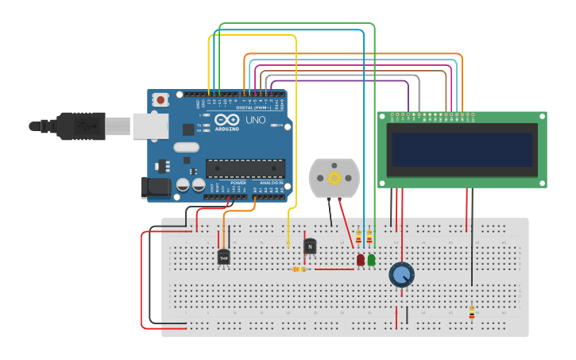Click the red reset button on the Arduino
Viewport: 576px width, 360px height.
pos(160,100)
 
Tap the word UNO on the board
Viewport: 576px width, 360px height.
pos(255,120)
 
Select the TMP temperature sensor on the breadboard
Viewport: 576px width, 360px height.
pos(223,257)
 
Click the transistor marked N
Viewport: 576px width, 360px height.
pos(310,246)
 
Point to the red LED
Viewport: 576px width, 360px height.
pos(361,260)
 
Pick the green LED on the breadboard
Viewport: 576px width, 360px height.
pos(371,260)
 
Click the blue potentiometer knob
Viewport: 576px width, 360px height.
pos(402,275)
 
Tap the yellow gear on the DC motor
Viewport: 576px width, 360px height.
pos(334,178)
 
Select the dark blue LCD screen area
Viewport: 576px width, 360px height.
pos(462,149)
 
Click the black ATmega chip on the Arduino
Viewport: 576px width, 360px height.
pos(245,168)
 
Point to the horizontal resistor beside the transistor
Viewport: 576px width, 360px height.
pos(300,269)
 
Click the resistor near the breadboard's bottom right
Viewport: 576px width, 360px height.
pos(471,312)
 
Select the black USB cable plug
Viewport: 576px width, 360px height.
pos(79,126)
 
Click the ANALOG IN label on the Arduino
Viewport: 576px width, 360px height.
pos(271,183)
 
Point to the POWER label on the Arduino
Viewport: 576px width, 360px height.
pos(238,183)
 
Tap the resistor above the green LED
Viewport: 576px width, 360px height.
pos(369,236)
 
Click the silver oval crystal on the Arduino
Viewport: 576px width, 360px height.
pos(185,147)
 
